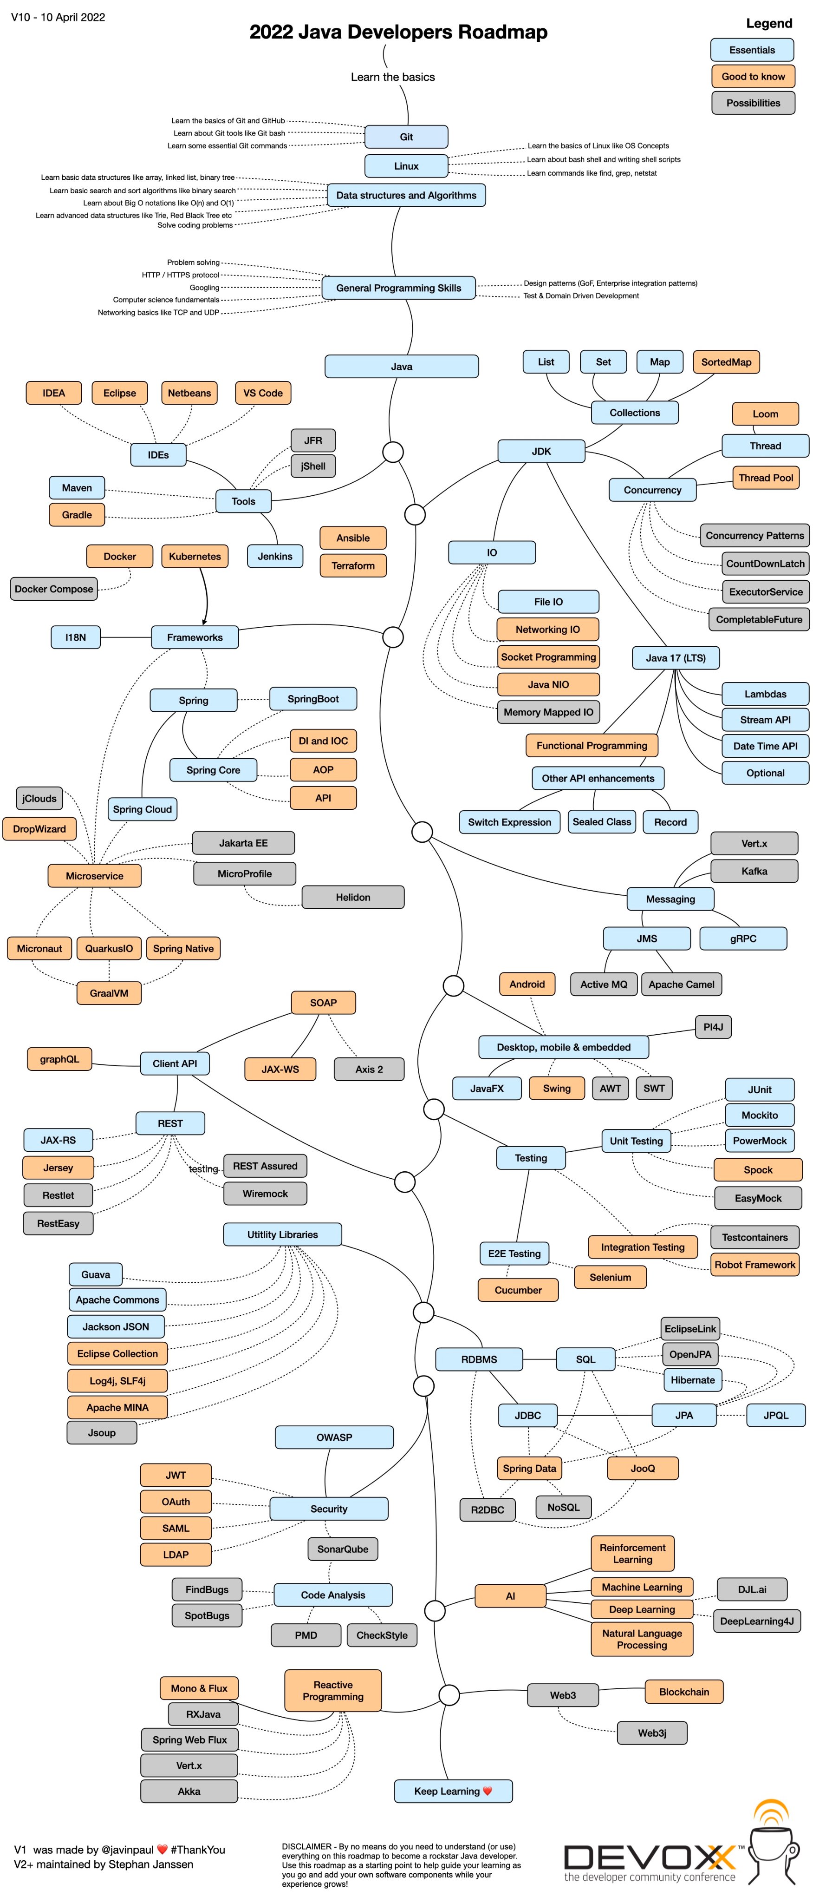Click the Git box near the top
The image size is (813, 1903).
point(406,137)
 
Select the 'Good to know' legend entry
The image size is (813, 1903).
point(753,76)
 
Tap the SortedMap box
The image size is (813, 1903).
point(725,362)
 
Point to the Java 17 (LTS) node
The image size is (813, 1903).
point(675,657)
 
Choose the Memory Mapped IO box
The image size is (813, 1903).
point(548,712)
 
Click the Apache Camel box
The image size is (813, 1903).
point(681,984)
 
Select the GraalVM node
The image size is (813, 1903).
point(109,993)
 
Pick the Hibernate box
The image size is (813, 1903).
point(692,1379)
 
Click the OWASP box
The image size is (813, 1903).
point(334,1437)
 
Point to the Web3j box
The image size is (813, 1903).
point(651,1732)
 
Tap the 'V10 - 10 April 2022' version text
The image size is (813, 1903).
point(58,17)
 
